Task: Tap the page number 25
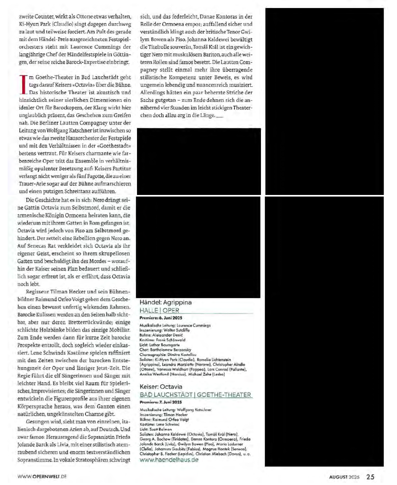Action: pyautogui.click(x=370, y=477)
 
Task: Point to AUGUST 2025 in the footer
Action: pyautogui.click(x=344, y=477)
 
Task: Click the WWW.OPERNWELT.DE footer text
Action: pyautogui.click(x=42, y=476)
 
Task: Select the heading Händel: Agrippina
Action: pyautogui.click(x=165, y=302)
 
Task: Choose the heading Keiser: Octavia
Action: pyautogui.click(x=161, y=386)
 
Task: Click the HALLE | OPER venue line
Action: pyautogui.click(x=159, y=310)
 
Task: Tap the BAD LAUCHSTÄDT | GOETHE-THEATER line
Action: pyautogui.click(x=196, y=395)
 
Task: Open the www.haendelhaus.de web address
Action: pyautogui.click(x=169, y=460)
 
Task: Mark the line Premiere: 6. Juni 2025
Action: pyautogui.click(x=161, y=318)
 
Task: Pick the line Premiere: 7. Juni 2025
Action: pyautogui.click(x=161, y=402)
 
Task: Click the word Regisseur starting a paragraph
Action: pyautogui.click(x=37, y=292)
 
